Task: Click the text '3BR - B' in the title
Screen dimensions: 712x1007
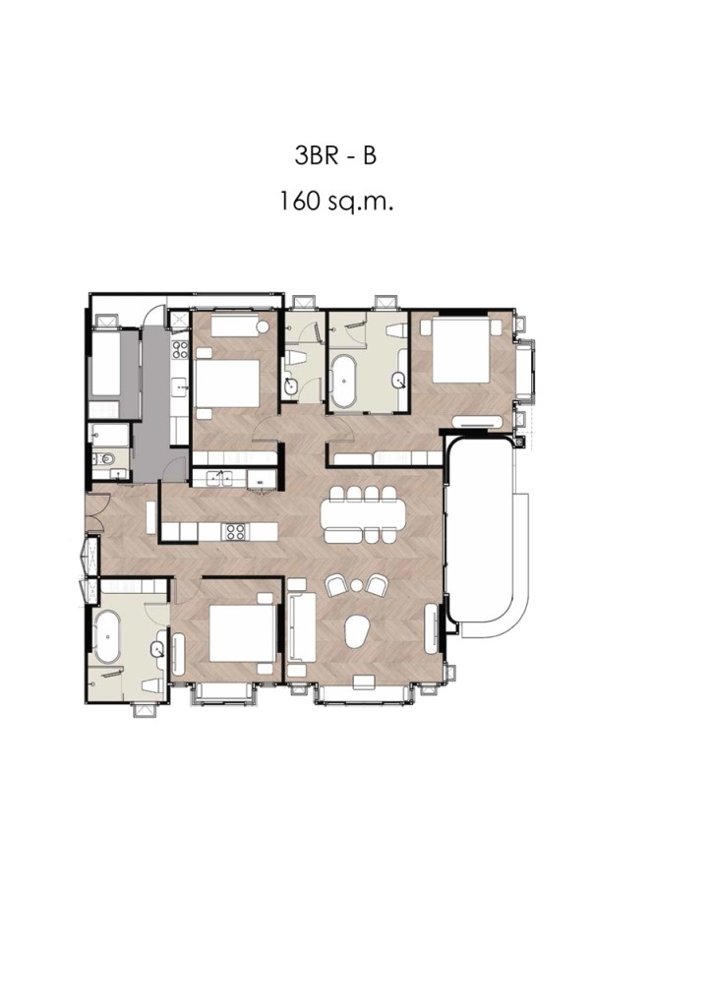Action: pyautogui.click(x=335, y=156)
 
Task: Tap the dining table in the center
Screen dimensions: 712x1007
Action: pyautogui.click(x=363, y=513)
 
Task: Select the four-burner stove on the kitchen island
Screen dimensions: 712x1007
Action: pyautogui.click(x=234, y=531)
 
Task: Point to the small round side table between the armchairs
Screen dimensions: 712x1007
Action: pyautogui.click(x=356, y=586)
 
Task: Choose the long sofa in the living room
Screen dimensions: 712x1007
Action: pyautogui.click(x=301, y=626)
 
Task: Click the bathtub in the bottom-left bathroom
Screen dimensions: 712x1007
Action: pyautogui.click(x=106, y=637)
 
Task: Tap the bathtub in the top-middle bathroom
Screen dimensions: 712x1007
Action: pyautogui.click(x=345, y=382)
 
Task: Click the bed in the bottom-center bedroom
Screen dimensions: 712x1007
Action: pyautogui.click(x=241, y=635)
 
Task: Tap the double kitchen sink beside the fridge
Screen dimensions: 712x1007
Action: pyautogui.click(x=219, y=477)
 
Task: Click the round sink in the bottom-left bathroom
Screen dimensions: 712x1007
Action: pyautogui.click(x=158, y=649)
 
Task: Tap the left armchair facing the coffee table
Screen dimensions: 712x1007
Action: pyautogui.click(x=336, y=586)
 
